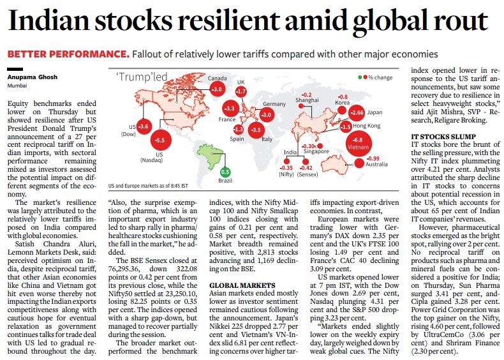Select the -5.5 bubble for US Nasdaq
[x=159, y=140]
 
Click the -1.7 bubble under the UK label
[x=241, y=92]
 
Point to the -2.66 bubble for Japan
[x=357, y=113]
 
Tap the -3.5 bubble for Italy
[x=256, y=131]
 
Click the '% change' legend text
[x=380, y=77]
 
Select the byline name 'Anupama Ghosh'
[x=31, y=77]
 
